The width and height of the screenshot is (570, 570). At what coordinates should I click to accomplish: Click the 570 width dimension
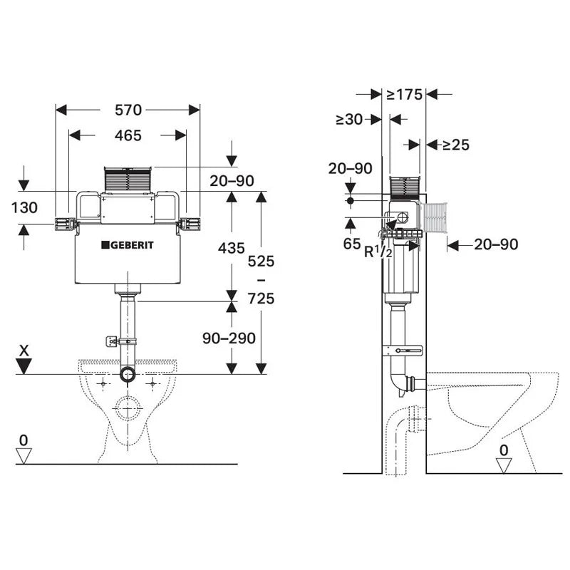[x=128, y=110]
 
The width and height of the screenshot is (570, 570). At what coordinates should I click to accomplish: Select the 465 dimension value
[x=128, y=135]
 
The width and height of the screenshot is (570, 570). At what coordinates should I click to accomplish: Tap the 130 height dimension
[x=24, y=208]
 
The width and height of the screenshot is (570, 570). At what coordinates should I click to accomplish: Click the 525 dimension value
[x=261, y=261]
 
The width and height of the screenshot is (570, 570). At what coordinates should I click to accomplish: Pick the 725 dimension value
[x=261, y=299]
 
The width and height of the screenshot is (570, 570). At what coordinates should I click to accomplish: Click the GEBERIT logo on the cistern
[x=128, y=245]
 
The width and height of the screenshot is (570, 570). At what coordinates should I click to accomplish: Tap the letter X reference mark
[x=25, y=351]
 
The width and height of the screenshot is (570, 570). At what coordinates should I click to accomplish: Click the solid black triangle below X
[x=25, y=366]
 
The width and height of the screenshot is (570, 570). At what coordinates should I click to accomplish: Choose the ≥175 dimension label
[x=404, y=94]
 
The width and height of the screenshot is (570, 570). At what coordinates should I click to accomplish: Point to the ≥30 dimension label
[x=349, y=120]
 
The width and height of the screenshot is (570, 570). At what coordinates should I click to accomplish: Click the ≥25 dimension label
[x=455, y=145]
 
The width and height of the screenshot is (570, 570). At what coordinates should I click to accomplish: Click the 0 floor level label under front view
[x=24, y=440]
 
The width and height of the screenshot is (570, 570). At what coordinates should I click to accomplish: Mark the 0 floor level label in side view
[x=504, y=450]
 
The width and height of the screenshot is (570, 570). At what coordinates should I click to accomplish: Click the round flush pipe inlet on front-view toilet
[x=128, y=375]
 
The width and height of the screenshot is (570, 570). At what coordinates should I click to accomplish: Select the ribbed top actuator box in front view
[x=128, y=180]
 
